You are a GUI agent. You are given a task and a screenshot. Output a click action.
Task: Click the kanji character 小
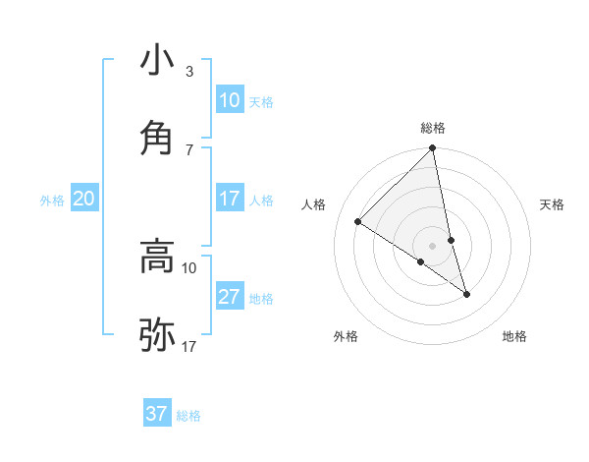pyautogui.click(x=157, y=62)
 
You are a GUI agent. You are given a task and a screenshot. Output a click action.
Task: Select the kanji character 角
pyautogui.click(x=157, y=138)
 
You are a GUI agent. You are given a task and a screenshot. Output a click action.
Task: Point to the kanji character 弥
pyautogui.click(x=157, y=335)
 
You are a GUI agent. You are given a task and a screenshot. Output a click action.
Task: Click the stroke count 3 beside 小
pyautogui.click(x=189, y=72)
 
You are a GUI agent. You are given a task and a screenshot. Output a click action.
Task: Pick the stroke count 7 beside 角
pyautogui.click(x=189, y=149)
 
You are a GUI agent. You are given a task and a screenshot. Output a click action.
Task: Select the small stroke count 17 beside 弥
pyautogui.click(x=189, y=347)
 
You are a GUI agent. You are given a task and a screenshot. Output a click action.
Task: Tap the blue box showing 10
pyautogui.click(x=230, y=100)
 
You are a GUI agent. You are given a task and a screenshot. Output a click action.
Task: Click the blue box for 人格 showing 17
pyautogui.click(x=230, y=199)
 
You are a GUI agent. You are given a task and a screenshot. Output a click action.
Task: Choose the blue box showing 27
pyautogui.click(x=230, y=297)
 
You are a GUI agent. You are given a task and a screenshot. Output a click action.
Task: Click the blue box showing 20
pyautogui.click(x=83, y=199)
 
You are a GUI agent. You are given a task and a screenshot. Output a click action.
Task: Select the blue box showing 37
pyautogui.click(x=157, y=414)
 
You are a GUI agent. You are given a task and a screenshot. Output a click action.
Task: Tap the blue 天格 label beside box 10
pyautogui.click(x=261, y=101)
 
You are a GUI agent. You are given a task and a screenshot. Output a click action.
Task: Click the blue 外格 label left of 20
pyautogui.click(x=52, y=200)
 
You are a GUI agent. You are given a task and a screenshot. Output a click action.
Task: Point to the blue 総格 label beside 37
pyautogui.click(x=188, y=415)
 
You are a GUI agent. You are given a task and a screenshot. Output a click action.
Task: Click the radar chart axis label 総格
pyautogui.click(x=433, y=128)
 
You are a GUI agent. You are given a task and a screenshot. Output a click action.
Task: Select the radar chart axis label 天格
pyautogui.click(x=553, y=204)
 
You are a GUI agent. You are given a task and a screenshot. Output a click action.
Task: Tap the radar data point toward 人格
pyautogui.click(x=358, y=222)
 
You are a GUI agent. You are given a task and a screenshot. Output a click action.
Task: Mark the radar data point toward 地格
pyautogui.click(x=466, y=294)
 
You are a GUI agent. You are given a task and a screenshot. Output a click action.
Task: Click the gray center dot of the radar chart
pyautogui.click(x=433, y=246)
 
